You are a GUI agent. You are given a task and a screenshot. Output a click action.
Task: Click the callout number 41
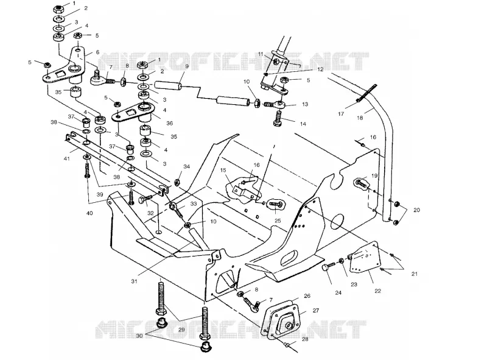pos(66,158)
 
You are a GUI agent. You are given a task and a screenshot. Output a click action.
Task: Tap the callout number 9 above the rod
pos(187,66)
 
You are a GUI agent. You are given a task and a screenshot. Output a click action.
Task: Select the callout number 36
pos(169,123)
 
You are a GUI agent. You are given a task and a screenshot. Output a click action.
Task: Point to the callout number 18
pos(360,118)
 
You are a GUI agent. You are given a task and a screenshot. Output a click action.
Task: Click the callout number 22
pos(377,291)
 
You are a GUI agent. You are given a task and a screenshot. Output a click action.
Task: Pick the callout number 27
pos(315,310)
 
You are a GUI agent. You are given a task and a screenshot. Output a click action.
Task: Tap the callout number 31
pos(134,281)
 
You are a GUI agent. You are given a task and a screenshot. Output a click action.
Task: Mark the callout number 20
pos(416,210)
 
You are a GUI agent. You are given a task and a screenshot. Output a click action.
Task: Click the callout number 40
pos(89,213)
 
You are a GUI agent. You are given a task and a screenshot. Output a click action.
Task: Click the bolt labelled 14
pos(278,119)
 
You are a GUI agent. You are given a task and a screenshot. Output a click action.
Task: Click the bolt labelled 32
pos(145,199)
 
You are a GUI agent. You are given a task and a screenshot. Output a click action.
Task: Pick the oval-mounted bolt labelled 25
pos(275,204)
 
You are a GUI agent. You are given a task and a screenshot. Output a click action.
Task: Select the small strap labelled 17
pos(367,93)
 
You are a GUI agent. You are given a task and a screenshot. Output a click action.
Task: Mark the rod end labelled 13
pos(274,104)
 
